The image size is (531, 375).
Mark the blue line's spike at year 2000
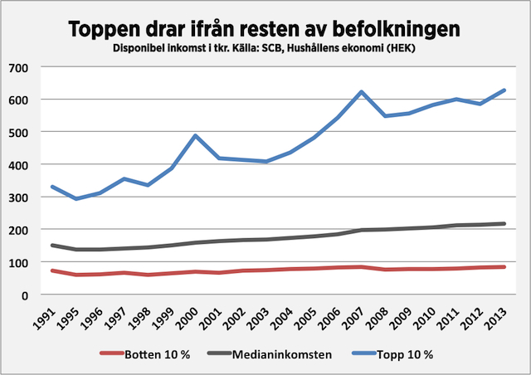[196, 135]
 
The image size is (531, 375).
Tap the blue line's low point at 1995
[77, 199]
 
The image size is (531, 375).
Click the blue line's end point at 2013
[504, 90]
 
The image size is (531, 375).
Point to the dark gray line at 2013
[504, 223]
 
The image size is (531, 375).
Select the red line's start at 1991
[53, 270]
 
